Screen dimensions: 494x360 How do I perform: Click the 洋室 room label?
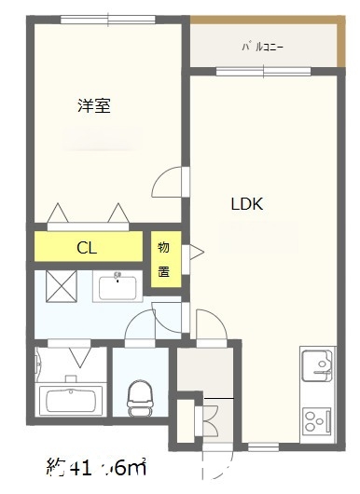click(94, 106)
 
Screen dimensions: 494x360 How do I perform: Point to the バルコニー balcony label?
click(263, 44)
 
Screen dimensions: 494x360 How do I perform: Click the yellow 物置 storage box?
click(164, 260)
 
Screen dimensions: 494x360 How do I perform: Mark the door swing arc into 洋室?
click(169, 181)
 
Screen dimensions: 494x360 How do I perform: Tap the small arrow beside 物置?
click(196, 250)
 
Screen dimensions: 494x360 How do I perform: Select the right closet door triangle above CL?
click(118, 214)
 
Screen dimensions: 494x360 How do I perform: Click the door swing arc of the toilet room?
click(141, 327)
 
